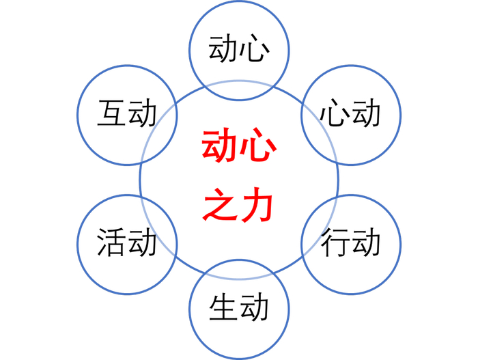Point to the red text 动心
238,148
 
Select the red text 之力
238,206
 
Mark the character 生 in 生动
223,309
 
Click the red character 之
220,206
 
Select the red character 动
220,148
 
